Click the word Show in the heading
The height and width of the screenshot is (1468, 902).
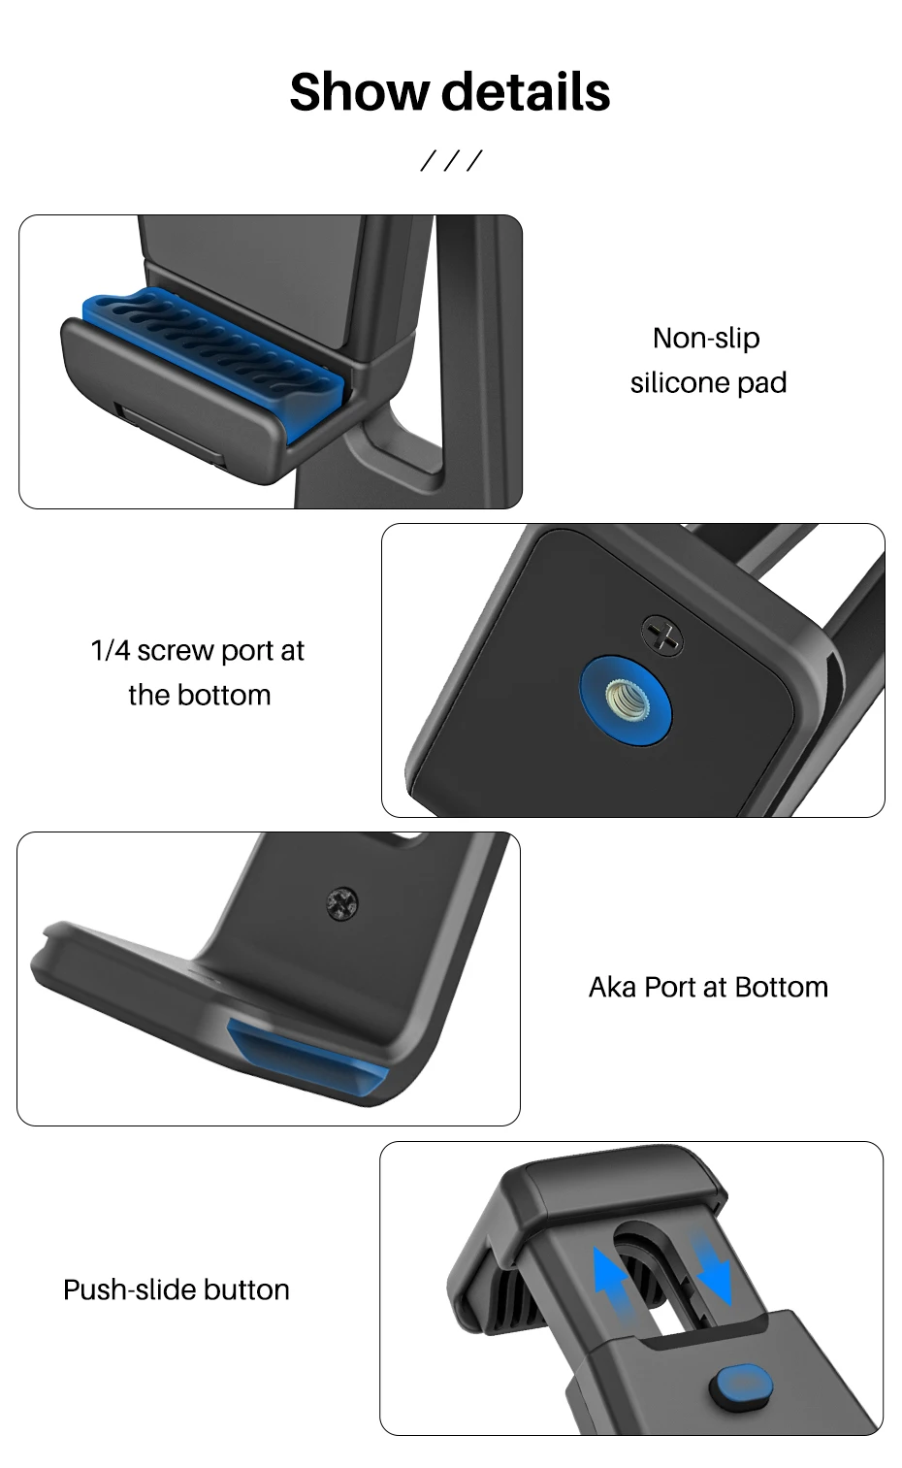(359, 92)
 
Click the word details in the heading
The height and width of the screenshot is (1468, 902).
(526, 92)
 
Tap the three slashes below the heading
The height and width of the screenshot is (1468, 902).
(451, 160)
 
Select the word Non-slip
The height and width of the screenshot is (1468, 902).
(706, 339)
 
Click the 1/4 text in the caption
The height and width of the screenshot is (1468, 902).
(110, 651)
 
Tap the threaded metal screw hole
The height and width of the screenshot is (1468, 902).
(627, 700)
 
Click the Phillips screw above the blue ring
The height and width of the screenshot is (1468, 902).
(661, 636)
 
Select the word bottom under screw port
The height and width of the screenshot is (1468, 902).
(222, 696)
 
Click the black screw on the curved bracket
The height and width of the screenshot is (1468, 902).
(342, 903)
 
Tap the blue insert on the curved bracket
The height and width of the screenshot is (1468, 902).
(307, 1056)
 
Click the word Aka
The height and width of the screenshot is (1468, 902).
(612, 987)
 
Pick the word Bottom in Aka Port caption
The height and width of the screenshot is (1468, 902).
(782, 987)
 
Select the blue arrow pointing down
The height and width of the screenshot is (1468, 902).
(712, 1266)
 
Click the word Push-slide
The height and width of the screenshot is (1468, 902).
(130, 1289)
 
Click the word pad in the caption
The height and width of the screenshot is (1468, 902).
(761, 383)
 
